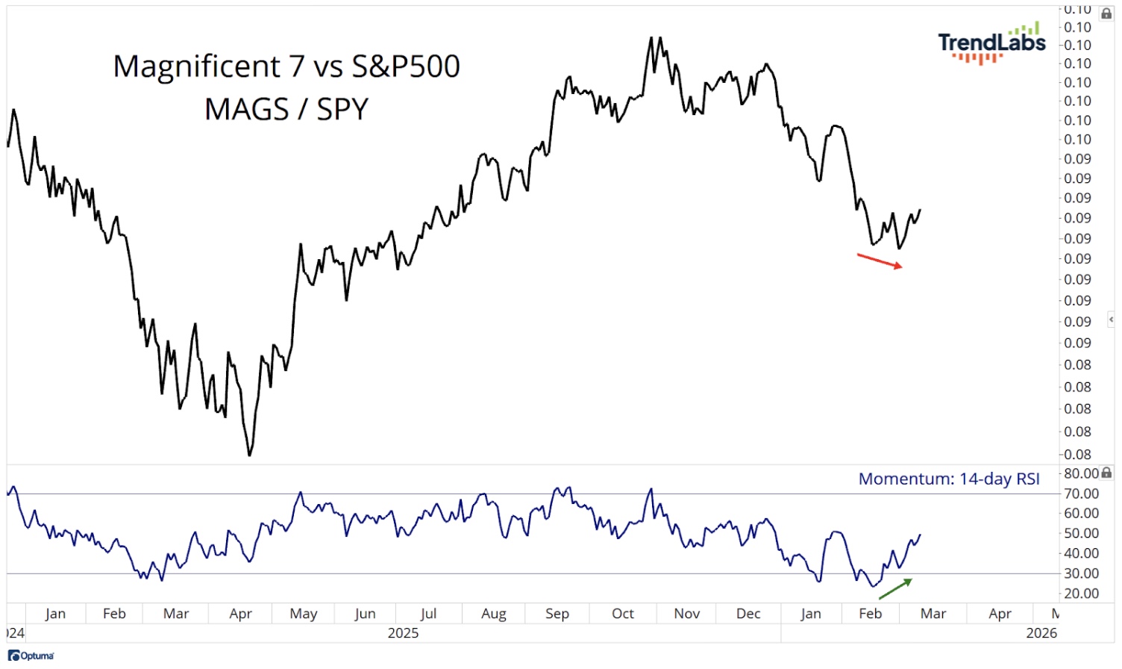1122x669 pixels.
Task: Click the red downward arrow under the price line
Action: pos(880,261)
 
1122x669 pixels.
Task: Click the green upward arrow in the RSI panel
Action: pos(895,588)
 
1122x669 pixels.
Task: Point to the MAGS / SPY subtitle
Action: pos(286,109)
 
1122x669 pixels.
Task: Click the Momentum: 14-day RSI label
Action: pos(949,479)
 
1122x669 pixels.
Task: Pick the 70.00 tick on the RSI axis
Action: pos(1081,494)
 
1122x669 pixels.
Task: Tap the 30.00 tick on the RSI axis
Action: pos(1081,573)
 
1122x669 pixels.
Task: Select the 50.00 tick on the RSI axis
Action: pos(1081,533)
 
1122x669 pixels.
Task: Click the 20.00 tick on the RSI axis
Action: pos(1081,594)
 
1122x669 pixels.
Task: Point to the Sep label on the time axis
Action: pos(557,614)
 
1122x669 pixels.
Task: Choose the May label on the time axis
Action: pos(304,614)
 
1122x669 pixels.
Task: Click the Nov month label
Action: pos(686,614)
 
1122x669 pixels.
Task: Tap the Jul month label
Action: pos(428,614)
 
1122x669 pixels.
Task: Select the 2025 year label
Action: pos(403,633)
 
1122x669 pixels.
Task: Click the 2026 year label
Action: pos(1041,633)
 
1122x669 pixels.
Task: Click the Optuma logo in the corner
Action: pos(31,656)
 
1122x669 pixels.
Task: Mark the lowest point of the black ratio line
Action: pos(249,455)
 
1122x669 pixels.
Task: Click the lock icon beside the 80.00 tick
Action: pos(1107,473)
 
